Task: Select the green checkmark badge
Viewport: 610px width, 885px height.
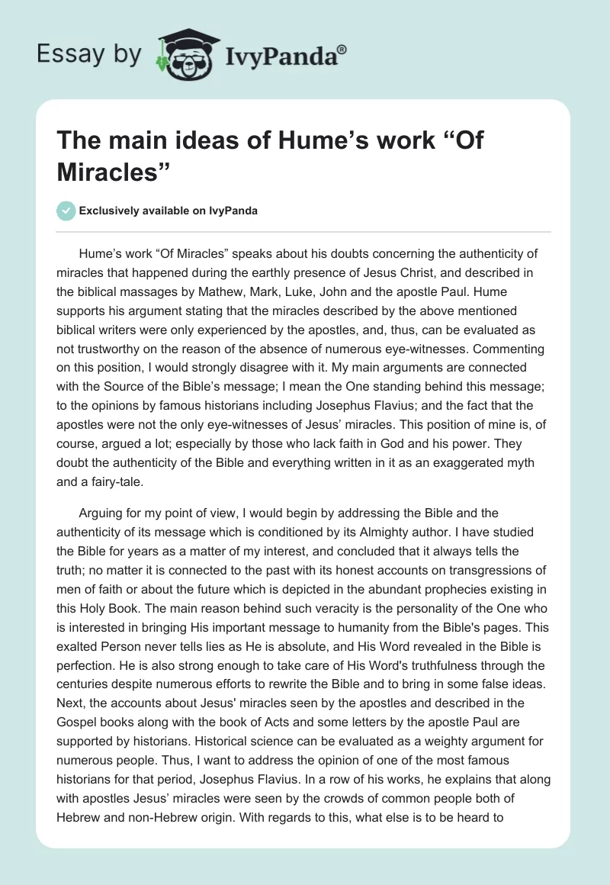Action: tap(66, 211)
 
